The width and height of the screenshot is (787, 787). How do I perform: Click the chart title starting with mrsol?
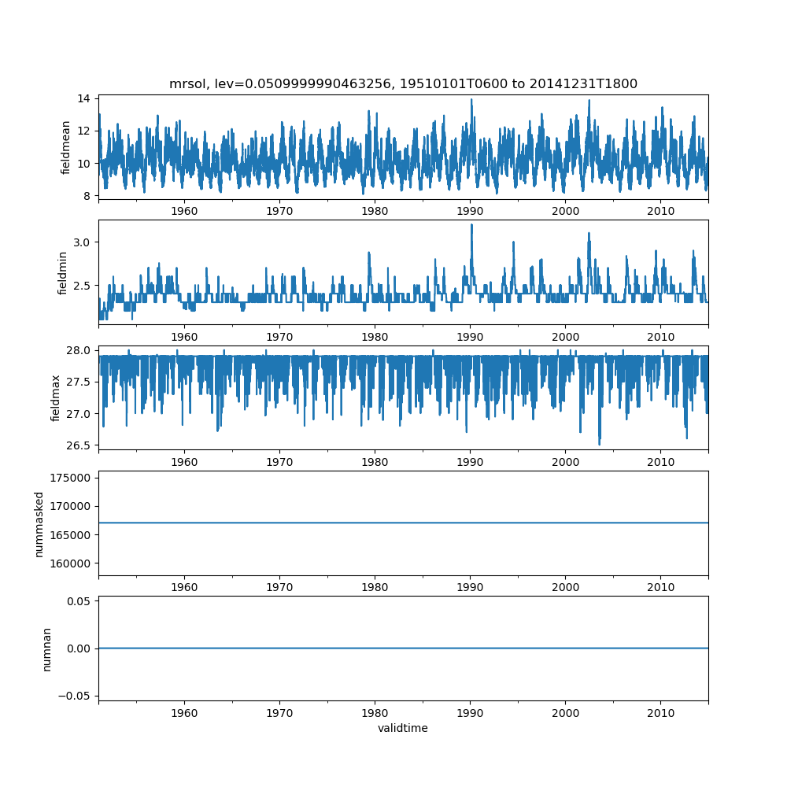pos(403,83)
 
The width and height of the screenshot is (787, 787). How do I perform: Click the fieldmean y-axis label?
pos(66,147)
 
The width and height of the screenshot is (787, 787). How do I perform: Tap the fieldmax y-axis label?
pos(56,397)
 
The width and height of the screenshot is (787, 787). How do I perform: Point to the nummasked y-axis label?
pos(39,523)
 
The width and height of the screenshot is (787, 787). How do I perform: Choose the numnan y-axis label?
pos(46,648)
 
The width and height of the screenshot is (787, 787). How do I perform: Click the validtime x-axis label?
pos(403,729)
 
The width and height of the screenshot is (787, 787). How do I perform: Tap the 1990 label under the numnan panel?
pos(470,712)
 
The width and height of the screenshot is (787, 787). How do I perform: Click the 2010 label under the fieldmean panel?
pos(660,211)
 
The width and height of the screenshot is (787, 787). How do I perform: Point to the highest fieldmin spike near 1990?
pos(471,224)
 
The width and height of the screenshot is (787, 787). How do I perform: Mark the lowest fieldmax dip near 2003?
pos(599,445)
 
